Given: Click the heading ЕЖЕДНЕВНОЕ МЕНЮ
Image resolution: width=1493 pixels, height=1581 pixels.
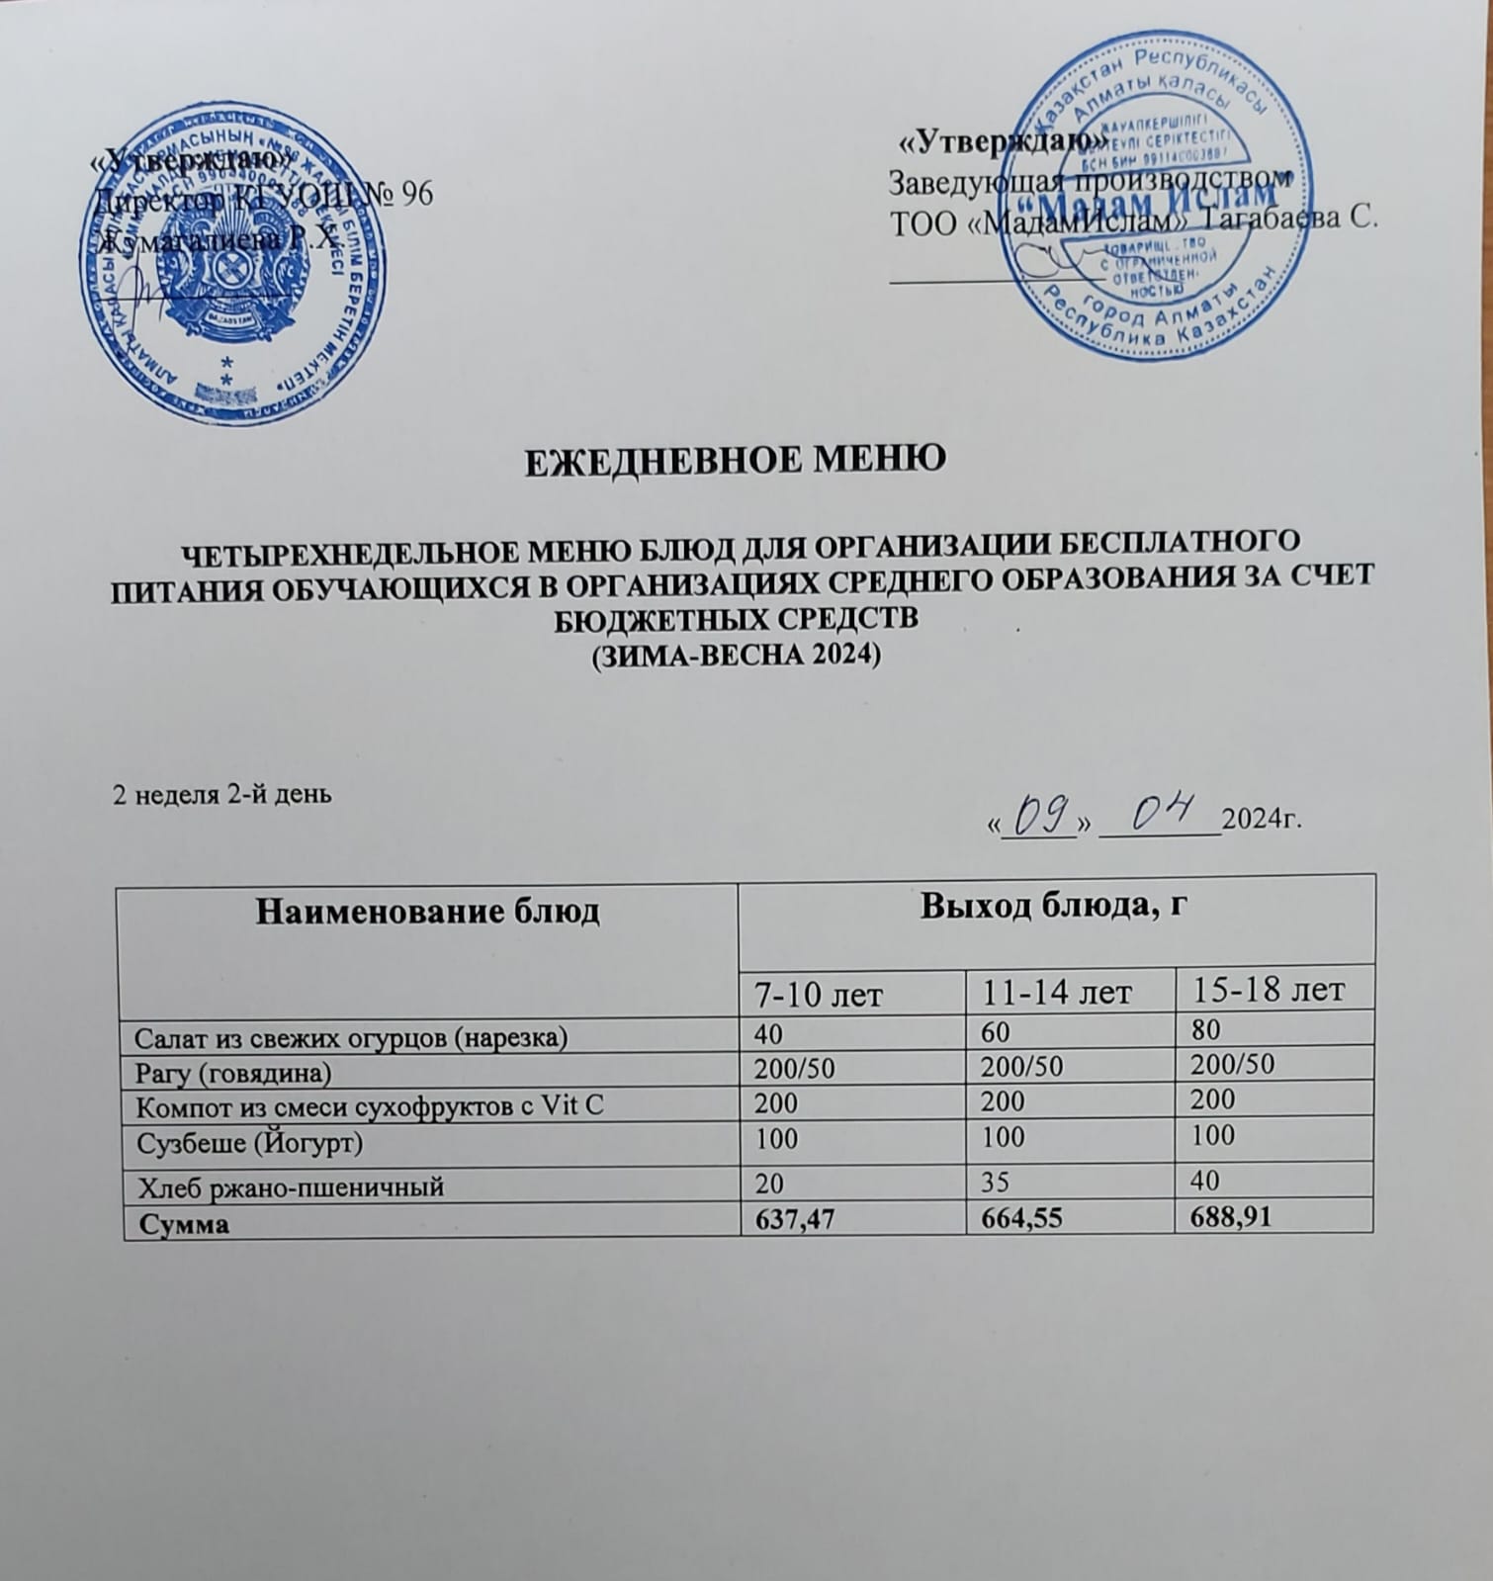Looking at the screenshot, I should [x=734, y=459].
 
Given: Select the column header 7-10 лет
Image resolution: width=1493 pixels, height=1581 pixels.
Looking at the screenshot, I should [x=818, y=994].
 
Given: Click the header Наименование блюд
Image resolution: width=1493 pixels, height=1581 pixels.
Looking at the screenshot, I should [x=427, y=912].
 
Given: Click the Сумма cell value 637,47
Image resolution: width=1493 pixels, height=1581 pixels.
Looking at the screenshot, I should [x=793, y=1221].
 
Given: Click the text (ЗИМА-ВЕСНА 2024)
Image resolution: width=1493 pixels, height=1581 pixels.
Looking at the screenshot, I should [x=734, y=656].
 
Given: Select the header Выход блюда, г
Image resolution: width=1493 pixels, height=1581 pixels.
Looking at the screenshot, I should [x=1053, y=906].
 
